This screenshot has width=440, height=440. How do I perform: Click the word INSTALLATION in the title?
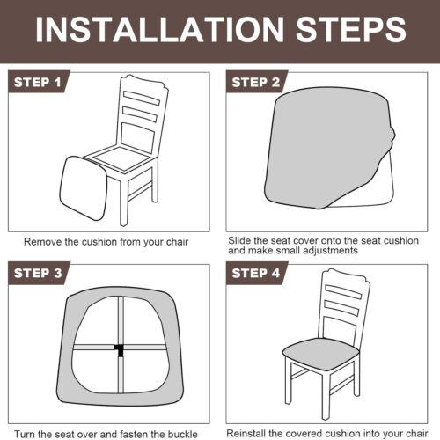click(x=160, y=29)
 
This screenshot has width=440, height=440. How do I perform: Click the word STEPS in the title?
click(x=351, y=29)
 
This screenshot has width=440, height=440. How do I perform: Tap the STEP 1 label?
click(x=38, y=82)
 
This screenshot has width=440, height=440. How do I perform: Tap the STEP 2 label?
click(x=256, y=82)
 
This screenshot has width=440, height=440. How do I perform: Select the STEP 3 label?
click(x=38, y=273)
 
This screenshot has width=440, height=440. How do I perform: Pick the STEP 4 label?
click(x=256, y=273)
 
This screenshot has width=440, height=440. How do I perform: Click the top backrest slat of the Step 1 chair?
click(x=142, y=98)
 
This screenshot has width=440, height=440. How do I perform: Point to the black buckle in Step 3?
click(x=120, y=349)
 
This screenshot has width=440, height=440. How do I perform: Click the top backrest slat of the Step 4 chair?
click(x=343, y=292)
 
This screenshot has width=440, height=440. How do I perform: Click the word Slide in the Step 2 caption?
click(x=239, y=240)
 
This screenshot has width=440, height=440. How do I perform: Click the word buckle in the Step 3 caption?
click(x=182, y=434)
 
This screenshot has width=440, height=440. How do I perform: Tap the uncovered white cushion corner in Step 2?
click(x=372, y=187)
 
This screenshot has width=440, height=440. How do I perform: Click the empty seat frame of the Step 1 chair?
click(x=121, y=158)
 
